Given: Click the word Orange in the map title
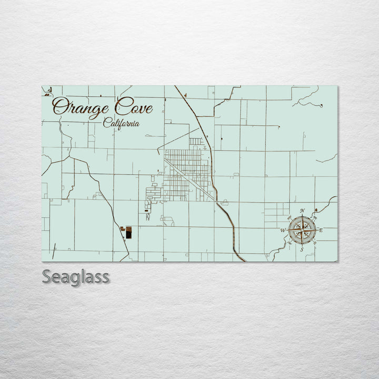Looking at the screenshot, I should point(79,108).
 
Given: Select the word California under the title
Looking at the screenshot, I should point(122,123).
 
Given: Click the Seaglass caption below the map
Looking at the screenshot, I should point(76,276).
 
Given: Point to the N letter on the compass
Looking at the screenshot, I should point(302,211).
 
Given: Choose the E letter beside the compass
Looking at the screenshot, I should point(321,230).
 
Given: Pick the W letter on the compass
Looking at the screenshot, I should point(283,231).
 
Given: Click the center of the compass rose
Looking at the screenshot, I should point(302,230).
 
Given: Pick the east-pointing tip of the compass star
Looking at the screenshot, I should point(316,230).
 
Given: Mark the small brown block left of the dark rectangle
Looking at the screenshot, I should point(122,229).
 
